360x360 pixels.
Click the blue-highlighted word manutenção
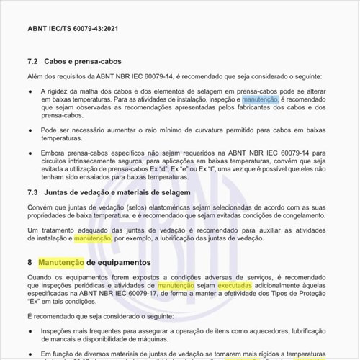click(x=260, y=99)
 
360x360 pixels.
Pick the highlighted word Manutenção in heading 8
click(x=60, y=262)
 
